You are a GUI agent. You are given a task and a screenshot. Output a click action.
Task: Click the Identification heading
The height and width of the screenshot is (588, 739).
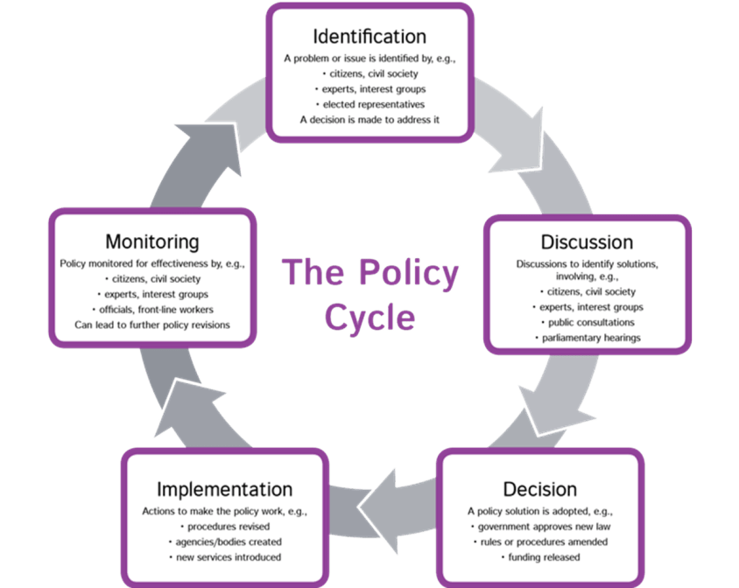coord(369,37)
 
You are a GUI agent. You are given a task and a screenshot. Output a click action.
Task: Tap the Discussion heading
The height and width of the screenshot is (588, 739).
coord(587,241)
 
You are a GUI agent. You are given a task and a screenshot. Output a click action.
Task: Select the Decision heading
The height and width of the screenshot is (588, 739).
coord(539,488)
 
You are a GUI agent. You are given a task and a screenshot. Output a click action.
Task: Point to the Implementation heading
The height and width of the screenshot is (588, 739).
coord(224,488)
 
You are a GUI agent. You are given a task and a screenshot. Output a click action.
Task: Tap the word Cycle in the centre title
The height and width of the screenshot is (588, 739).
coord(369,318)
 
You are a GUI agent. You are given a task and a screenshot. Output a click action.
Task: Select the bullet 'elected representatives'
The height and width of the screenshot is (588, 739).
coord(371,104)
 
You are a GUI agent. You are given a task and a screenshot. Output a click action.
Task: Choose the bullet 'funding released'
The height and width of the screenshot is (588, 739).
coord(540,556)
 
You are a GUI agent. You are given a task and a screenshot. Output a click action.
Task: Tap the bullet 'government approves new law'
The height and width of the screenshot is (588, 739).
coord(540,526)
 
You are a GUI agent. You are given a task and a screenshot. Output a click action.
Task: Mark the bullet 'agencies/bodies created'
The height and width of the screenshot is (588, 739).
coord(226,542)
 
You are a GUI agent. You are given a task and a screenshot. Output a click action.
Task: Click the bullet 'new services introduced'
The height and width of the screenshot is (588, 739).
coord(226,556)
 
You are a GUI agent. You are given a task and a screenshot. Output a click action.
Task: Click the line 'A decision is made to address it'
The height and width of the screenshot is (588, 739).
coord(369,119)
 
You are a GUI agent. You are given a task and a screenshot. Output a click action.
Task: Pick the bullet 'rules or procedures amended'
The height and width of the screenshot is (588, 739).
coord(540,542)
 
